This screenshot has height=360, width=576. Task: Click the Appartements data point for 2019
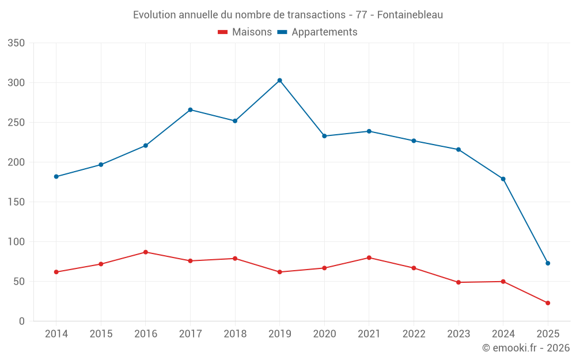coord(279,81)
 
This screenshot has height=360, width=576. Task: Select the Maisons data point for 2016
coord(146,252)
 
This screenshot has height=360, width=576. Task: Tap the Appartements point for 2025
coord(548,263)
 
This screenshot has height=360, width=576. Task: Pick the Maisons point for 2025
coord(548,303)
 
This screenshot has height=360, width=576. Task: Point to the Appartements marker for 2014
coord(56,177)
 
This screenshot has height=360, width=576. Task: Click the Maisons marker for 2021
coord(369,257)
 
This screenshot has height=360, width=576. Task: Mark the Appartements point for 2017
coord(190,110)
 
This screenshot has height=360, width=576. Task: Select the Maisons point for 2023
coord(458,282)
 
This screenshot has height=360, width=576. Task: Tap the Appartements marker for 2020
coord(324,136)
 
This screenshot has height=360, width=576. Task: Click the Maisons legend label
coord(252,32)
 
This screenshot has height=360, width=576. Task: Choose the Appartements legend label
coord(324,32)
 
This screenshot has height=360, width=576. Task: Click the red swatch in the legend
coord(223,32)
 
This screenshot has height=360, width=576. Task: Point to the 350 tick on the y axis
coord(17,43)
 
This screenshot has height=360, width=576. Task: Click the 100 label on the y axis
coord(17,242)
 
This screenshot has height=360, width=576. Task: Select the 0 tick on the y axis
coord(21,321)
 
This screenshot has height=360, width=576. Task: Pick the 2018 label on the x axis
coord(235,334)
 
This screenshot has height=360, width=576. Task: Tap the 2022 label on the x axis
coord(414,334)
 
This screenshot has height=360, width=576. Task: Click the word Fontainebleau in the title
coord(410,15)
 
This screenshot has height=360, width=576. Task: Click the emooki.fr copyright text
coord(526,348)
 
